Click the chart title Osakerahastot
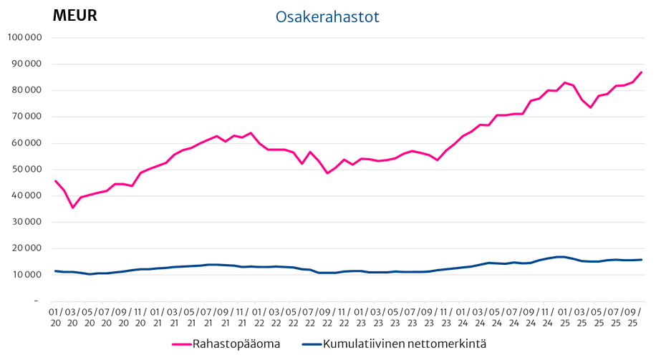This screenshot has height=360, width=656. (x=327, y=16)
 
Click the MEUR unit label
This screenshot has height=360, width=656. (x=74, y=15)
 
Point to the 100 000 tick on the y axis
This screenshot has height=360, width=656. (x=25, y=38)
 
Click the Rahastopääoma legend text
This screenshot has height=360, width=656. (x=236, y=344)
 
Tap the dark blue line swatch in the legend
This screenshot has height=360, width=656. (x=311, y=344)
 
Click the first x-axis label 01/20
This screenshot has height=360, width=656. (x=55, y=318)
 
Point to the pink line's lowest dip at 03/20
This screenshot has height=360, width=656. (x=72, y=208)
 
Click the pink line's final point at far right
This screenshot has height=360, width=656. (x=641, y=72)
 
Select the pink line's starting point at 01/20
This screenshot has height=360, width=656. (x=55, y=181)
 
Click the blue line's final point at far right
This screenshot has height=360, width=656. (x=641, y=260)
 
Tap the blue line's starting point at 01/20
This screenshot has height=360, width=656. (x=55, y=271)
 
